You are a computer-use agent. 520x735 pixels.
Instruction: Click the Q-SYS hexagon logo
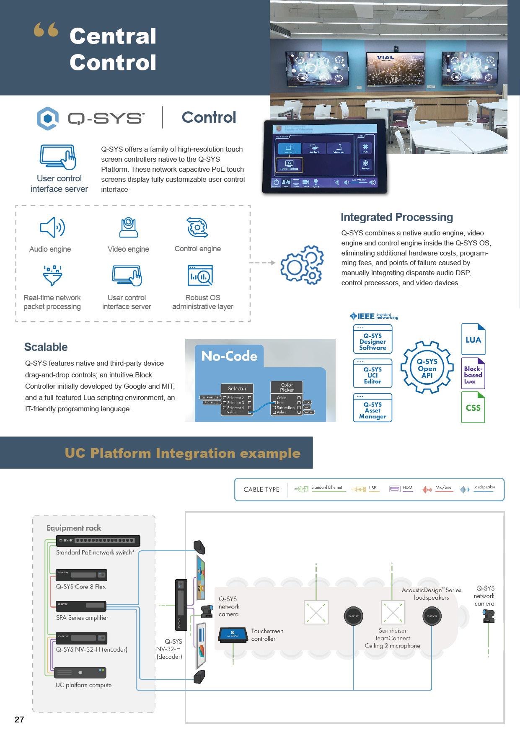point(47,119)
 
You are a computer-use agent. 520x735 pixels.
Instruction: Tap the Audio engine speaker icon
point(52,227)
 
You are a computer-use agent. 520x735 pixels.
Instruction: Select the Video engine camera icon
point(128,227)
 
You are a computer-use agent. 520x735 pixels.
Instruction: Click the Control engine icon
point(197,227)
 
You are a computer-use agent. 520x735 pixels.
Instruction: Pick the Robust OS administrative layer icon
point(200,276)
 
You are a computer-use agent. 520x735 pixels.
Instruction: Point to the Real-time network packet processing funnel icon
point(52,275)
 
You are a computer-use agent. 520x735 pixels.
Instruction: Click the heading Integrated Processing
point(396,217)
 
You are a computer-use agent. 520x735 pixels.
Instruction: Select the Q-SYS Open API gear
point(427,368)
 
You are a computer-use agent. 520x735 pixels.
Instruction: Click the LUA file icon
point(473,339)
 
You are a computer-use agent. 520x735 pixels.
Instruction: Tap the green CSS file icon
point(473,407)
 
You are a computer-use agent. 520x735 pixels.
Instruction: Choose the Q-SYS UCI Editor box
point(373,374)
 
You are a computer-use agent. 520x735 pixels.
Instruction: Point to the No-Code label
point(229,356)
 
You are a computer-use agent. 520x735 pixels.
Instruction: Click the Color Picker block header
point(287,387)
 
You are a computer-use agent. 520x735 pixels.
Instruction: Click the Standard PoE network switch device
point(98,541)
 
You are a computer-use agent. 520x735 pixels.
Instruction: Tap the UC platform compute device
point(80,672)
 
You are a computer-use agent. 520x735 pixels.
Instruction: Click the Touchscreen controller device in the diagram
point(234,635)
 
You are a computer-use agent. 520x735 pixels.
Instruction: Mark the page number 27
point(19,720)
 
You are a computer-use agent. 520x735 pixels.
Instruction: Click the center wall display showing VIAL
point(385,67)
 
